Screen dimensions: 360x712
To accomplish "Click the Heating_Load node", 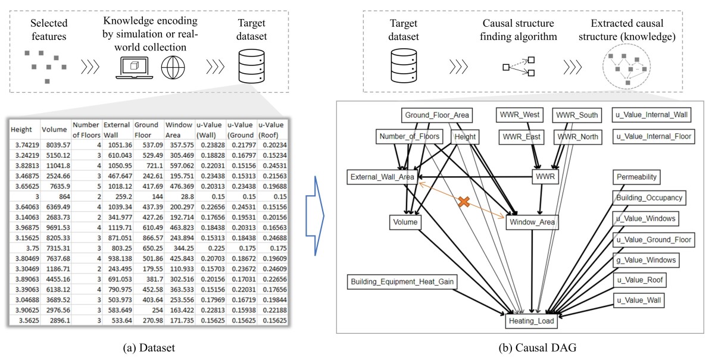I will coord(531,321).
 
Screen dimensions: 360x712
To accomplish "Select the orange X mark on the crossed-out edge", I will coord(465,202).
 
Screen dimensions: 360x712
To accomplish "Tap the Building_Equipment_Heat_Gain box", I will coord(402,281).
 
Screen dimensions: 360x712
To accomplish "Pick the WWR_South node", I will coord(577,115).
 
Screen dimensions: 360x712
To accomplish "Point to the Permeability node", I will coord(637,177).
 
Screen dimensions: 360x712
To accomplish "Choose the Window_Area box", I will coord(532,223).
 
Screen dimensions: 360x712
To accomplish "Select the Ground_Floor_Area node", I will coord(438,115).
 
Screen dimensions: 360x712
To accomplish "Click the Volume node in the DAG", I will coord(406,223).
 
